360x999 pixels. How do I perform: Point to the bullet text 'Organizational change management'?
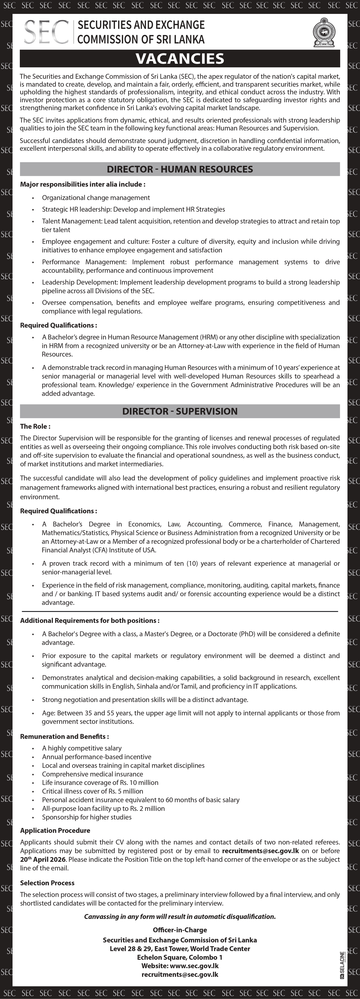[x=96, y=198]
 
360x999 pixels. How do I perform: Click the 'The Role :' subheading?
[x=35, y=426]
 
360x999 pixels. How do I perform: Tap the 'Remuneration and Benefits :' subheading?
[x=64, y=736]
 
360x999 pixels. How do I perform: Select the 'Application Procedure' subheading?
[x=55, y=830]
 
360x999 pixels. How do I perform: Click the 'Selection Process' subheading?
[x=47, y=883]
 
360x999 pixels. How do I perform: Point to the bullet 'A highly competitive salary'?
[x=82, y=748]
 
